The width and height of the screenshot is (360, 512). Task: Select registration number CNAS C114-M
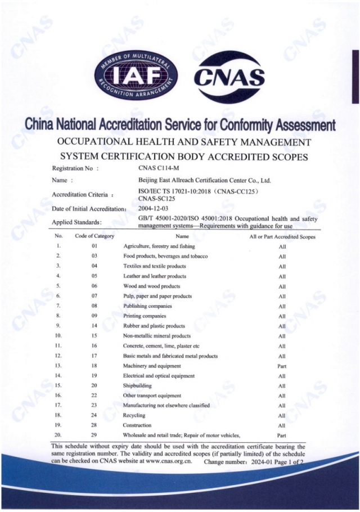(x=157, y=168)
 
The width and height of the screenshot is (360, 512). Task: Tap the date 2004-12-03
(x=153, y=209)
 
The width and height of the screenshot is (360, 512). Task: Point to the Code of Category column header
(x=94, y=237)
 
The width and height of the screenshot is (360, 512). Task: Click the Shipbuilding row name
(x=137, y=385)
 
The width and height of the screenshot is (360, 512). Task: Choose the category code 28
(x=94, y=425)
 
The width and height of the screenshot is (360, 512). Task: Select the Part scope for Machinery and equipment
(x=282, y=366)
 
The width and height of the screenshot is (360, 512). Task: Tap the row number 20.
(x=58, y=435)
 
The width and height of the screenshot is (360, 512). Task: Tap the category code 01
(x=94, y=246)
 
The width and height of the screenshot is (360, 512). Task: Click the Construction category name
(x=137, y=425)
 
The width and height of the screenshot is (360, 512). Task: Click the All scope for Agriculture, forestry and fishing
(x=282, y=247)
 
